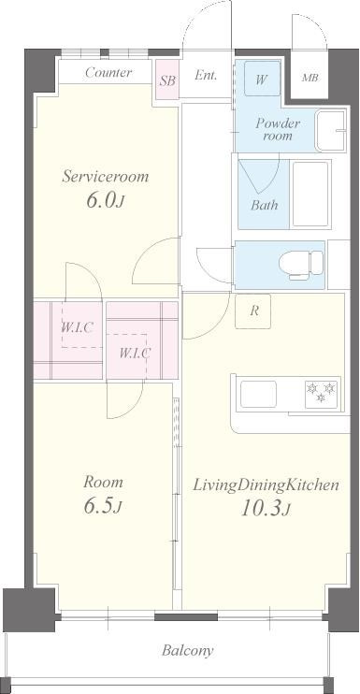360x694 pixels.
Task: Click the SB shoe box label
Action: [167, 81]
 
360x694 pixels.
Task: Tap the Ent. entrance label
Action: [206, 76]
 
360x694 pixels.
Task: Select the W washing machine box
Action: [262, 79]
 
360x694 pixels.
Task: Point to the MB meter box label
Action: [310, 79]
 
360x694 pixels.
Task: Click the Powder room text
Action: [278, 129]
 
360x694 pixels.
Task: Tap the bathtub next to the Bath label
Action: [310, 194]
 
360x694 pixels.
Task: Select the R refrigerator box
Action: [253, 311]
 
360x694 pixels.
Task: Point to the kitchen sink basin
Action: [258, 394]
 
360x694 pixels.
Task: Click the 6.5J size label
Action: [102, 507]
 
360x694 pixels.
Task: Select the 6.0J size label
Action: [106, 200]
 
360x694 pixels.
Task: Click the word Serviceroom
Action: [106, 177]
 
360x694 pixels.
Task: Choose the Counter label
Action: [108, 72]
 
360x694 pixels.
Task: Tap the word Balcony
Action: [188, 651]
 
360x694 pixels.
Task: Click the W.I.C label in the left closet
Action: [77, 327]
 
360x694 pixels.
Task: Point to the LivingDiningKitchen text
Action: [266, 485]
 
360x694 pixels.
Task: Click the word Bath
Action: [265, 205]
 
